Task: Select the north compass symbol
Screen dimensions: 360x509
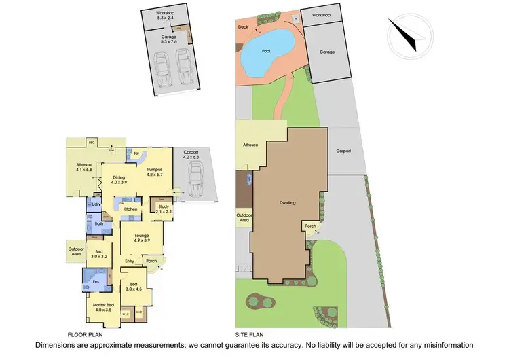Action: point(410,31)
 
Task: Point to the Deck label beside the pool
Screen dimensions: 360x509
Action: point(244,27)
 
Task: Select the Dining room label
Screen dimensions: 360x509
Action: point(119,179)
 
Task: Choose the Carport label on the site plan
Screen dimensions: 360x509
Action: point(343,151)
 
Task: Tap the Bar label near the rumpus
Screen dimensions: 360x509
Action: point(137,153)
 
